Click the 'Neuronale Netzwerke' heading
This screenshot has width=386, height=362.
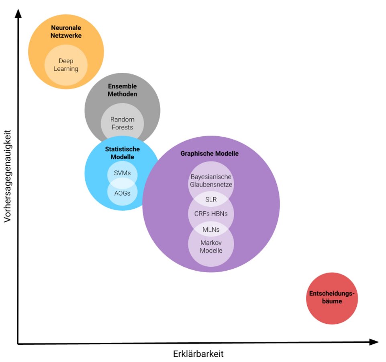click(66, 32)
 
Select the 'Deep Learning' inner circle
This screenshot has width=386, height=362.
click(66, 65)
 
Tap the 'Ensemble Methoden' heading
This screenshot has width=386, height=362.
click(122, 90)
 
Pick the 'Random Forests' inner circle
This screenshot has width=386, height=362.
click(122, 123)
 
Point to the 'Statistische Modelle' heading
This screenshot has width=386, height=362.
click(122, 153)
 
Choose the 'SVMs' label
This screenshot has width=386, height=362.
click(122, 173)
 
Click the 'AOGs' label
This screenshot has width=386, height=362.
click(122, 193)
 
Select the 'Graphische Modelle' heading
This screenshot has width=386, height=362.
click(209, 154)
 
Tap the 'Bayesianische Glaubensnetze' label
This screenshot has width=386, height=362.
click(211, 181)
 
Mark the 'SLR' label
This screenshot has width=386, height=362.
click(211, 200)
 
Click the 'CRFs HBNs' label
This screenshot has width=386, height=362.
click(211, 214)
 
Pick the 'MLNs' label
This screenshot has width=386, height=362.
click(211, 229)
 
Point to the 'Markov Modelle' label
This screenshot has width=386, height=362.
click(211, 247)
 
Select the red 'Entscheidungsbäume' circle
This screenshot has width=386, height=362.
click(332, 298)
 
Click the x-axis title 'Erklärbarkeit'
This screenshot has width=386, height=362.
click(198, 354)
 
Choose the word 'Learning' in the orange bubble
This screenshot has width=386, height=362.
click(66, 69)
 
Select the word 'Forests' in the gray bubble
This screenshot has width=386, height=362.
click(122, 127)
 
